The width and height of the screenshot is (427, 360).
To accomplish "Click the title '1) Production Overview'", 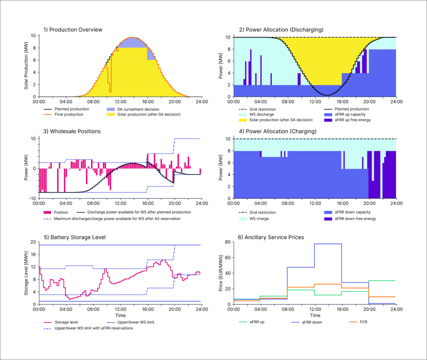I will click(73, 30).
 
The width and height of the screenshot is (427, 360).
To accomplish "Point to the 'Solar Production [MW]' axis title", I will click(26, 66).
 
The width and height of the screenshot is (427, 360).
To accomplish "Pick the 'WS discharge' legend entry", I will click(261, 114).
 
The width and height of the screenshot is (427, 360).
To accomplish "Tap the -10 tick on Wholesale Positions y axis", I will click(32, 198).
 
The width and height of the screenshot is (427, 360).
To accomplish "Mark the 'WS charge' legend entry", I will click(259, 219).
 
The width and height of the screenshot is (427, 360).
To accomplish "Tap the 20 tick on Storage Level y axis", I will click(33, 242).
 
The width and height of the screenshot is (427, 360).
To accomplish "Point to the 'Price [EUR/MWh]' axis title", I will click(222, 273).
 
